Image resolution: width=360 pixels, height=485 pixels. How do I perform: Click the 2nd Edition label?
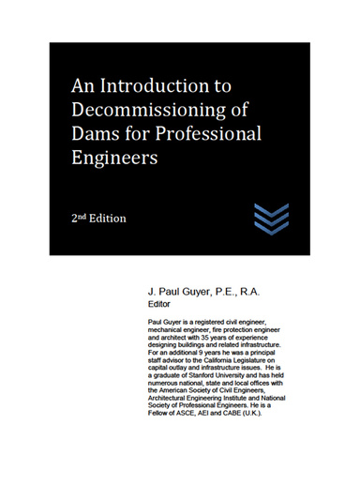[x=98, y=218]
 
